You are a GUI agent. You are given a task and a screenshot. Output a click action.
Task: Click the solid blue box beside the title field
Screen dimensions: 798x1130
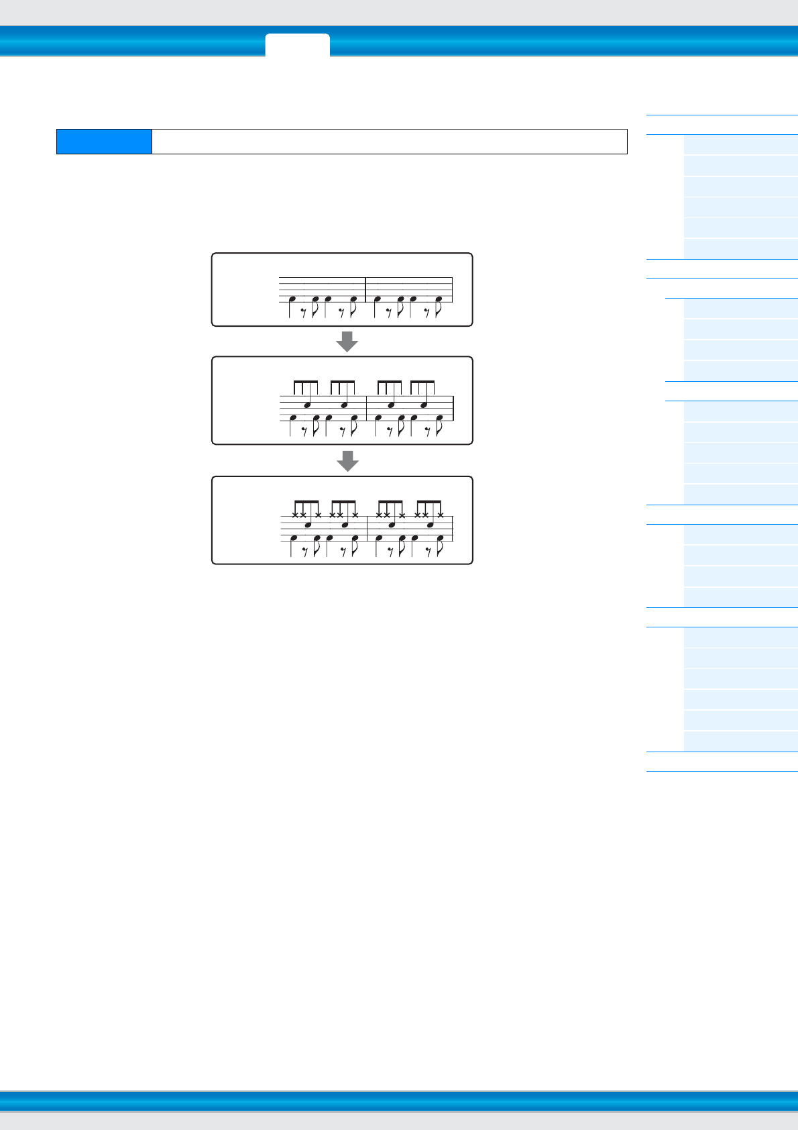coord(104,142)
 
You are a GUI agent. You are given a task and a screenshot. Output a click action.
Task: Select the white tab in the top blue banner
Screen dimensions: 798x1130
coord(297,45)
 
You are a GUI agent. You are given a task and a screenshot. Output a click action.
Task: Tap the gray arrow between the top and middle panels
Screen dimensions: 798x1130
coord(347,341)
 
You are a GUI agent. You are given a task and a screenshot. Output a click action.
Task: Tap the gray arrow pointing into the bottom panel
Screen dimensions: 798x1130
coord(347,460)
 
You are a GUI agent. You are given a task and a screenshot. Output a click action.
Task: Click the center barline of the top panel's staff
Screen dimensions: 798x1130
coord(365,289)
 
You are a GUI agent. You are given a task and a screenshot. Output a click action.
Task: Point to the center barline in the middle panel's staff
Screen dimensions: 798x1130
coord(367,408)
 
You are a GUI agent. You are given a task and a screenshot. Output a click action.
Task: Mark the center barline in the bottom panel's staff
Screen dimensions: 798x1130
coord(367,527)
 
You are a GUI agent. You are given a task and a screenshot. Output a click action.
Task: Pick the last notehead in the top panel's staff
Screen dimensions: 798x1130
coord(439,299)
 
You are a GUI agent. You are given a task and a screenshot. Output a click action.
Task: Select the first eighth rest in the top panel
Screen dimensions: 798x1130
coord(304,311)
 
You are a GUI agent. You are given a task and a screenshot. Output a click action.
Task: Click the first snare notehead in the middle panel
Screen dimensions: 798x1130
coord(308,405)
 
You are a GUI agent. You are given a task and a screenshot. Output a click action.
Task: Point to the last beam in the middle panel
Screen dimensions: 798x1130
coord(422,382)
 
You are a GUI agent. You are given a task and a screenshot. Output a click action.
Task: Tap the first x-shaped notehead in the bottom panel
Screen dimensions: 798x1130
coord(295,515)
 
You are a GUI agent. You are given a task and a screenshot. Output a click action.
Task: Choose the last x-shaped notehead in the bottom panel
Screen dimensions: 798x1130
coord(441,515)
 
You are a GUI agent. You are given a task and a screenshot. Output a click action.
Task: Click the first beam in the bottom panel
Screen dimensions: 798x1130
coord(306,501)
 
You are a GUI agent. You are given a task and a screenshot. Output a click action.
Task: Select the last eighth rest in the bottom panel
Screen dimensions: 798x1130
coord(427,550)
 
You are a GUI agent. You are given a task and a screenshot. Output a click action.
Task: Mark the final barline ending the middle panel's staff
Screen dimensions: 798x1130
coord(453,408)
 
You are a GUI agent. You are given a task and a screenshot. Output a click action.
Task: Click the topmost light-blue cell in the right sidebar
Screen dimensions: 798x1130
coord(740,145)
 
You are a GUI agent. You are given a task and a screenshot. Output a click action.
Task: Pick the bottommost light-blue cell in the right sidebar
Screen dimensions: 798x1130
coord(740,741)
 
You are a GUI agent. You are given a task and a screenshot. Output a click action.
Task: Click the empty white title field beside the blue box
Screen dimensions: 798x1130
coord(389,142)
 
